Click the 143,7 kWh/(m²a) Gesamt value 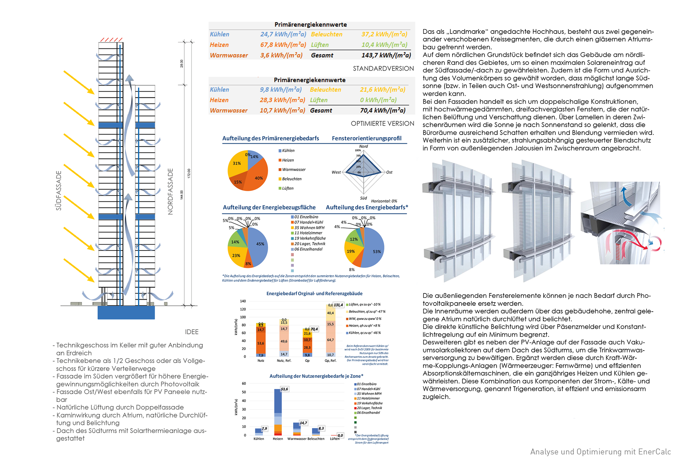pos(386,55)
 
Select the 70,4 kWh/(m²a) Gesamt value pos(382,110)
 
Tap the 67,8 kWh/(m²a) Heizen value pos(283,45)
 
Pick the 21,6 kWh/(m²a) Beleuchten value pos(382,90)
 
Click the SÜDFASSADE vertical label pos(59,190)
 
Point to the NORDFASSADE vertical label pos(170,191)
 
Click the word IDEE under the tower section pos(191,332)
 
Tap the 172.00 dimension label pos(189,173)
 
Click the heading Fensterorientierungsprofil pos(367,138)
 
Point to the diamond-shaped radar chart pos(363,172)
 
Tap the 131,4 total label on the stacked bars pos(338,305)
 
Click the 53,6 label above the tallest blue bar pos(284,389)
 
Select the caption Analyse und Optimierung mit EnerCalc pos(600,452)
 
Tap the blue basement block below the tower pos(126,312)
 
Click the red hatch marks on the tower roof pos(111,40)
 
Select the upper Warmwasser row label pos(229,55)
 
